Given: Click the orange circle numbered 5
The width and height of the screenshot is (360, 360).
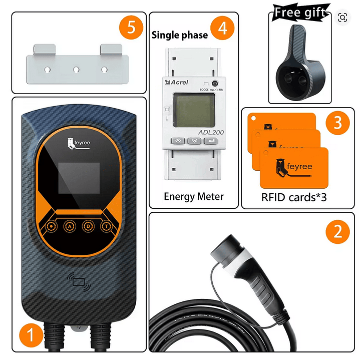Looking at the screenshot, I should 131,28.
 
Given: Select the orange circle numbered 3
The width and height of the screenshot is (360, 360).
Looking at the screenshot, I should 338,123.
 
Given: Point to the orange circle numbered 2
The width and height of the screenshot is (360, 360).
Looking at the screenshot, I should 338,231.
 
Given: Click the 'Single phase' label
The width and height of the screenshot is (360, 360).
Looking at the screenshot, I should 180,35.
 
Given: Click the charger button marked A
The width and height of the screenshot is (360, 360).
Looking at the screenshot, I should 70,226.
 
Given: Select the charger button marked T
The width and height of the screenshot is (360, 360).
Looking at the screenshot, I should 107,226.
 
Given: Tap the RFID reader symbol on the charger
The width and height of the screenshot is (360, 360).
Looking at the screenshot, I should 80,281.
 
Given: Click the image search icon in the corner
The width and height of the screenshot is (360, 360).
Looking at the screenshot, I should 342,18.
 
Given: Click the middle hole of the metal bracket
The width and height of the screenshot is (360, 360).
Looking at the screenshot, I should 77,70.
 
